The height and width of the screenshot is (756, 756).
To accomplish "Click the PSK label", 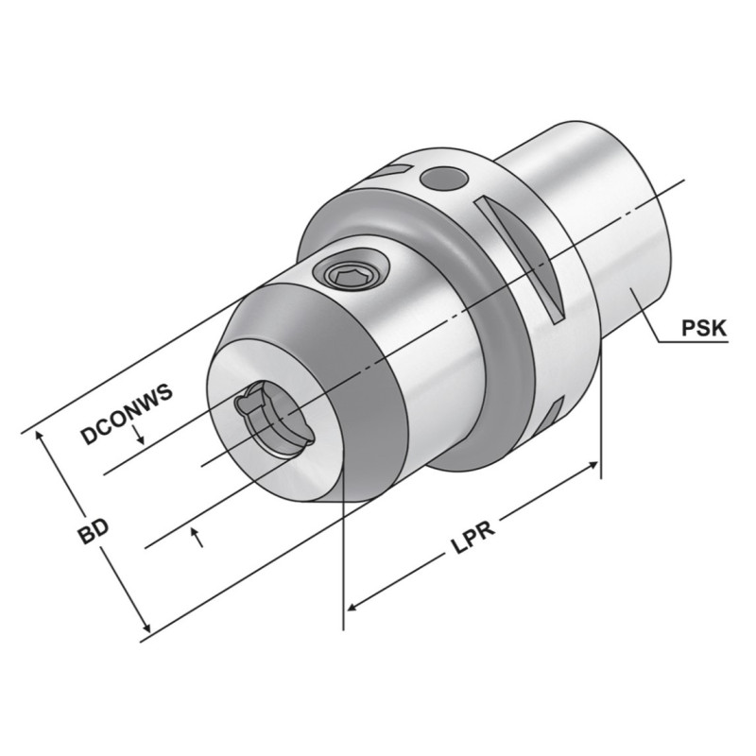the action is coord(703,328).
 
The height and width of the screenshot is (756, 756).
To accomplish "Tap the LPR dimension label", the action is coord(473,537).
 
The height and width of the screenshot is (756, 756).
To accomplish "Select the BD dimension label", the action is coord(94,531).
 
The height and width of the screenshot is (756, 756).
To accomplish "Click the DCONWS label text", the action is coord(128,414).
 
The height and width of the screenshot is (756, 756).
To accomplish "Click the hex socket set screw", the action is coord(351,276).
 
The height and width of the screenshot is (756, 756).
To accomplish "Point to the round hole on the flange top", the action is coord(444,179).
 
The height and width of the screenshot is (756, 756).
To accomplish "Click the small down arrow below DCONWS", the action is coord(139,433).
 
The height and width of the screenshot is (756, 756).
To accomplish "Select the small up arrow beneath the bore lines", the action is coord(197,538).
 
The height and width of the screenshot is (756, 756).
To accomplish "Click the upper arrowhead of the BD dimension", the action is coord(41,437).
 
